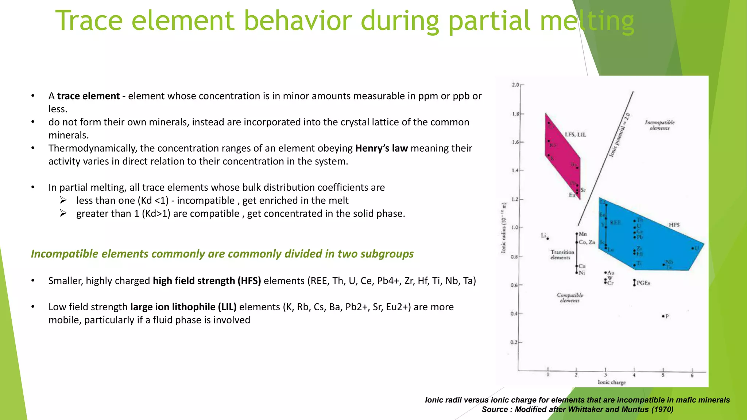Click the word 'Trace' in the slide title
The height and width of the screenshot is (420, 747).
89,21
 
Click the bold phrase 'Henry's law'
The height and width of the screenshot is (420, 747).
381,148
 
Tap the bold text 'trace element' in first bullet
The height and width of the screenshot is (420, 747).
88,96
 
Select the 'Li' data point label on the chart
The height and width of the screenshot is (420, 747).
543,236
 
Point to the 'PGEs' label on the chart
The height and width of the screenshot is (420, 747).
643,283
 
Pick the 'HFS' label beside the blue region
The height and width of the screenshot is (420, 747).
674,225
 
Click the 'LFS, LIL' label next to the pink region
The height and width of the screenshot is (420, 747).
575,135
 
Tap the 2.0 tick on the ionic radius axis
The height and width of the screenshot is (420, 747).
515,85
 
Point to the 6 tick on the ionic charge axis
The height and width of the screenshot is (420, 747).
692,376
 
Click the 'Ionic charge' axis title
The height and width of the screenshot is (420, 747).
611,382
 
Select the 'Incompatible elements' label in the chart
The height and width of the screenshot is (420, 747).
659,125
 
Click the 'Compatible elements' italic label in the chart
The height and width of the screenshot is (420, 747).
570,297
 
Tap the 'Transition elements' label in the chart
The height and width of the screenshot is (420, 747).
562,254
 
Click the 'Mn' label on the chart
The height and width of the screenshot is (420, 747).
583,234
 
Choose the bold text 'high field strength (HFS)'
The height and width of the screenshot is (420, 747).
206,281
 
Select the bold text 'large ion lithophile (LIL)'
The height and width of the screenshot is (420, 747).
183,307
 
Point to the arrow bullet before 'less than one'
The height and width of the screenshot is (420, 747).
63,200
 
